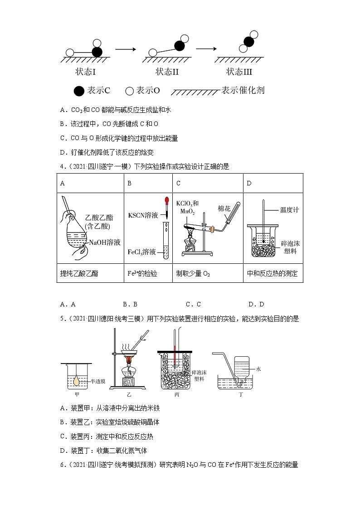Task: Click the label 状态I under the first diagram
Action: point(86,72)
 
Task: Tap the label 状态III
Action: point(239,72)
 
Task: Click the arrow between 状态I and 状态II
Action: point(126,49)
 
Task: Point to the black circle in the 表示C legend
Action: point(79,91)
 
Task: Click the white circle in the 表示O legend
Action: point(129,91)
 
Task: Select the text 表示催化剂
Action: point(243,90)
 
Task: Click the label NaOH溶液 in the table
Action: point(105,242)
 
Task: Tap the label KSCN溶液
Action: point(143,215)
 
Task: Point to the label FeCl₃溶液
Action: point(143,252)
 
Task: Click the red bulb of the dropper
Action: point(167,199)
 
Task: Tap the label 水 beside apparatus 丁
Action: point(258,369)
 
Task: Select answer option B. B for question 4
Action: point(130,304)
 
